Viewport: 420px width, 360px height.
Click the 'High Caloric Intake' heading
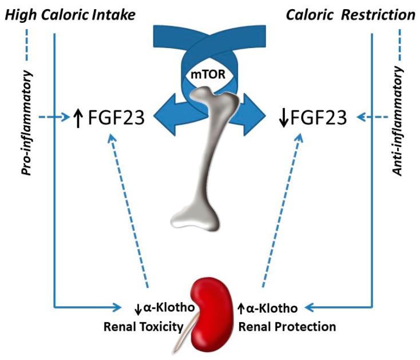coord(70,14)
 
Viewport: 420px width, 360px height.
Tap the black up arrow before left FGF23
coord(79,119)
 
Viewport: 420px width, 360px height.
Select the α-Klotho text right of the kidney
coord(272,308)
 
